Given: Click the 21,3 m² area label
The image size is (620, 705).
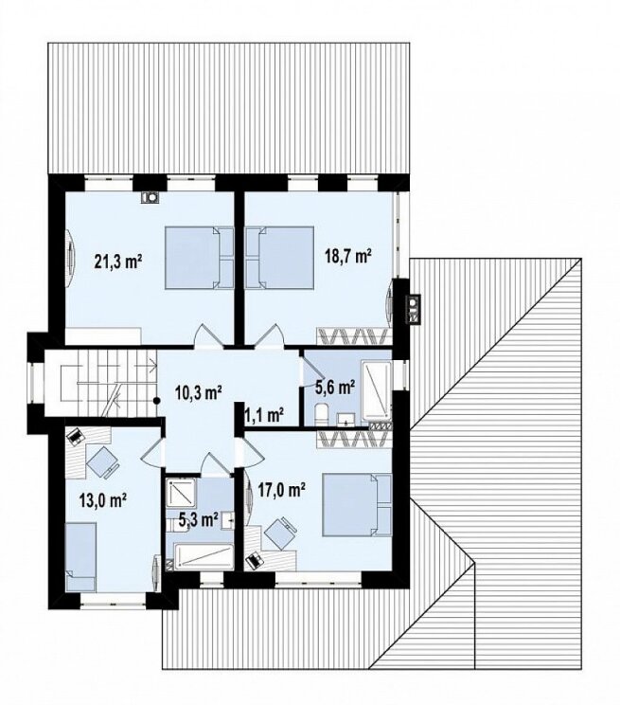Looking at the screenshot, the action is click(118, 261).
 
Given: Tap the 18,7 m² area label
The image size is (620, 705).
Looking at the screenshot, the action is click(348, 256).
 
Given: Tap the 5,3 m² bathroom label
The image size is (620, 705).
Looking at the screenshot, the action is click(199, 520).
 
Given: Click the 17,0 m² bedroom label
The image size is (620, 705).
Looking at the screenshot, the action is click(282, 489).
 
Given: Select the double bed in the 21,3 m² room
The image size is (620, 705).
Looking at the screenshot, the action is click(200, 258).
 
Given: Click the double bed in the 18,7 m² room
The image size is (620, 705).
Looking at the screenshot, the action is click(279, 258).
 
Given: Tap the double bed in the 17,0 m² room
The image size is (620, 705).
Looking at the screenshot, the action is click(357, 504).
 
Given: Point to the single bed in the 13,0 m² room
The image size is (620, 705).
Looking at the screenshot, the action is click(80, 556).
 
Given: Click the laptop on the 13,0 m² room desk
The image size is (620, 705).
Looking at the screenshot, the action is click(75, 436).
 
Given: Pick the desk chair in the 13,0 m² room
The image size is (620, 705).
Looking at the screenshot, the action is click(103, 461).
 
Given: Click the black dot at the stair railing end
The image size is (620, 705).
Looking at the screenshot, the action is click(156, 400).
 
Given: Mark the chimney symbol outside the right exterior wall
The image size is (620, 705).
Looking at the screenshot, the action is click(415, 309).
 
